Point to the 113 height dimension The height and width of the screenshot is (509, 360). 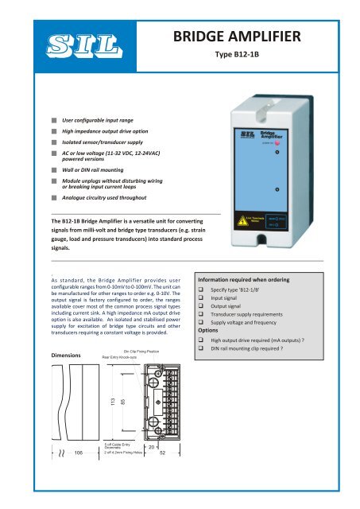click(91, 425)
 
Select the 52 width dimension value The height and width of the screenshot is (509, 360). click(162, 499)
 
